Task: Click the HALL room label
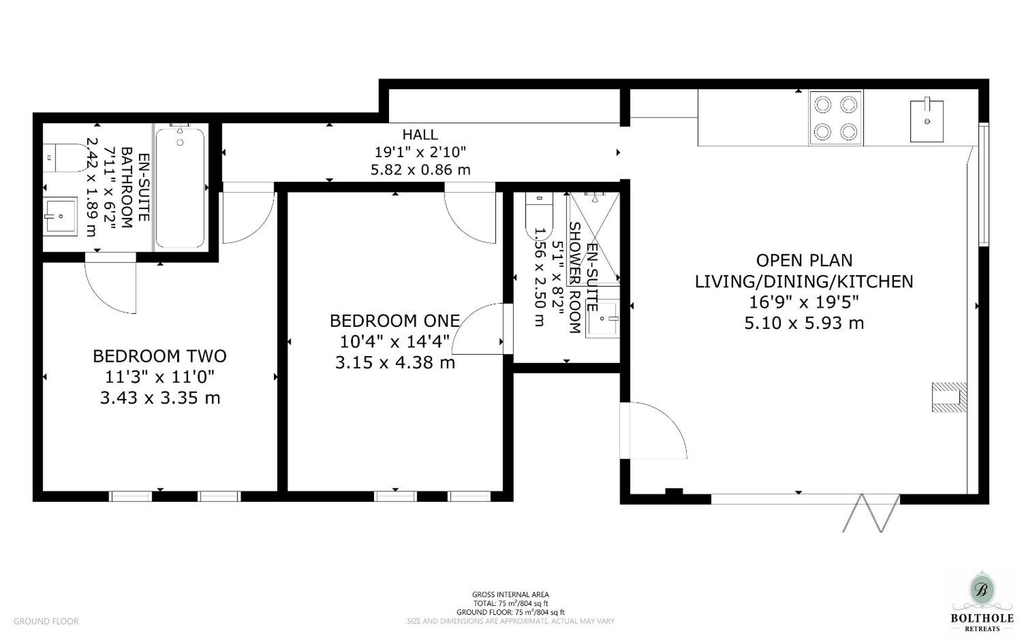click(420, 135)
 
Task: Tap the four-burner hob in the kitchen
click(836, 118)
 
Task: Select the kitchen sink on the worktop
click(926, 121)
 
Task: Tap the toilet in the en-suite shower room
click(539, 216)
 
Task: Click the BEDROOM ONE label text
click(394, 321)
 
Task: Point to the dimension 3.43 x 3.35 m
click(160, 398)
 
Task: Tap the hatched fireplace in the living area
click(949, 397)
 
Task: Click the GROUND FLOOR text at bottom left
click(46, 621)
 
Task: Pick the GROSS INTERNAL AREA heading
click(510, 594)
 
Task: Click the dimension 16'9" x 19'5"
click(804, 302)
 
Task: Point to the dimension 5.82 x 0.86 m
click(420, 170)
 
